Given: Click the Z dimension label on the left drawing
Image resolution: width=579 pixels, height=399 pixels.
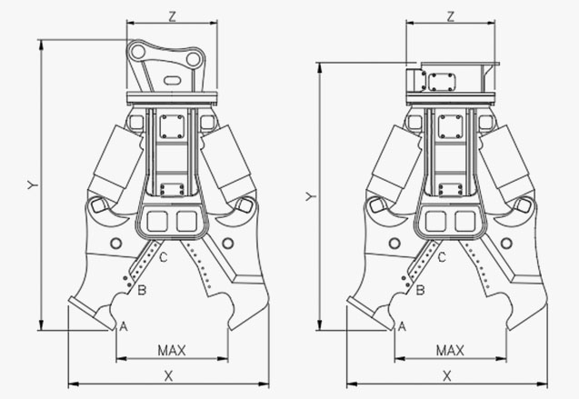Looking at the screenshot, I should click(172, 15).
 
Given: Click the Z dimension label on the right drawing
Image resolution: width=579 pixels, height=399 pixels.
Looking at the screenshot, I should click(451, 15).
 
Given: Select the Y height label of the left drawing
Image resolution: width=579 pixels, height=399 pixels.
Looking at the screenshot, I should click(31, 185).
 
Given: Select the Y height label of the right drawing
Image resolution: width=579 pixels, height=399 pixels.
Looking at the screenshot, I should click(310, 196).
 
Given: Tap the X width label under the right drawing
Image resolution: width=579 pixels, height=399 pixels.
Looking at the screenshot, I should click(447, 375).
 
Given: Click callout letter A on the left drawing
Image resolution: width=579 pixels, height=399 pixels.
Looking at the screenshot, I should click(124, 325).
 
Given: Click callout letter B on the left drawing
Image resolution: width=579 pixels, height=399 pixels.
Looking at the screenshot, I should click(142, 290).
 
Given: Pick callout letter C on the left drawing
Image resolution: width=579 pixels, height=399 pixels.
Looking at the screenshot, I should click(163, 258).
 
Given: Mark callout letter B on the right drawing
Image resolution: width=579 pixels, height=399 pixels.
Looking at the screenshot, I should click(421, 290).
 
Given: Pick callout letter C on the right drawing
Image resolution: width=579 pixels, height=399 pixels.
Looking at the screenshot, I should click(442, 258).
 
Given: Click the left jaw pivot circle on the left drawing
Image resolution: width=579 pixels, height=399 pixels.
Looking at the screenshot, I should click(116, 243).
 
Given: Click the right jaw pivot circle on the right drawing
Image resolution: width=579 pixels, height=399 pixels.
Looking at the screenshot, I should click(506, 243).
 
